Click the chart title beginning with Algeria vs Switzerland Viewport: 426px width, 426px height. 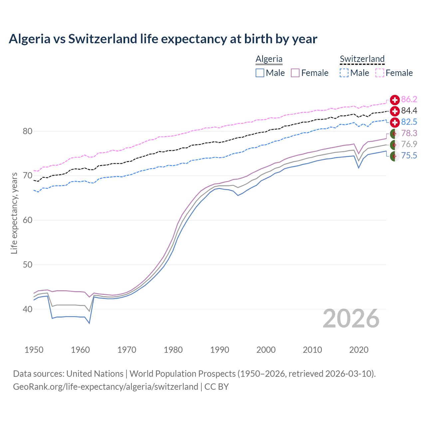coord(163,39)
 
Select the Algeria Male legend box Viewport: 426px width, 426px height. coord(260,73)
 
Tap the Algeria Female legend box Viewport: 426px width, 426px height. coord(295,73)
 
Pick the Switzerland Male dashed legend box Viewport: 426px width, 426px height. coord(344,73)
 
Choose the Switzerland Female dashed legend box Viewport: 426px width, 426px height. coord(380,73)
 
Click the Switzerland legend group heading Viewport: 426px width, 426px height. coord(362,59)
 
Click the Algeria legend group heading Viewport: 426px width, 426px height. coord(269,59)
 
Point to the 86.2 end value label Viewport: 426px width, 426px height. coord(409,99)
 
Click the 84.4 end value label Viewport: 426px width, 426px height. coord(409,110)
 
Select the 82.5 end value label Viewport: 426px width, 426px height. coord(409,122)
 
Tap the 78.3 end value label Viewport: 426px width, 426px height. coord(409,133)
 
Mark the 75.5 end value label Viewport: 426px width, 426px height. coord(409,155)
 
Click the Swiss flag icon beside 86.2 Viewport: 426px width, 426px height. coord(395,100)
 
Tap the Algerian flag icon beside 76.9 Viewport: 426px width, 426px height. coord(395,145)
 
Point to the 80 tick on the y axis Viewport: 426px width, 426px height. coord(28,131)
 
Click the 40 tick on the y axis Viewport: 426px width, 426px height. coord(28,309)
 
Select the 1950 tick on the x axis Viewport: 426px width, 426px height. coord(34,350)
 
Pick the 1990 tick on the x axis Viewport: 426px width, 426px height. coord(220,350)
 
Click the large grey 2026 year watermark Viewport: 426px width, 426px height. coord(351,319)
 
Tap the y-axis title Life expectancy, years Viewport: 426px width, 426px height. coord(14,213)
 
